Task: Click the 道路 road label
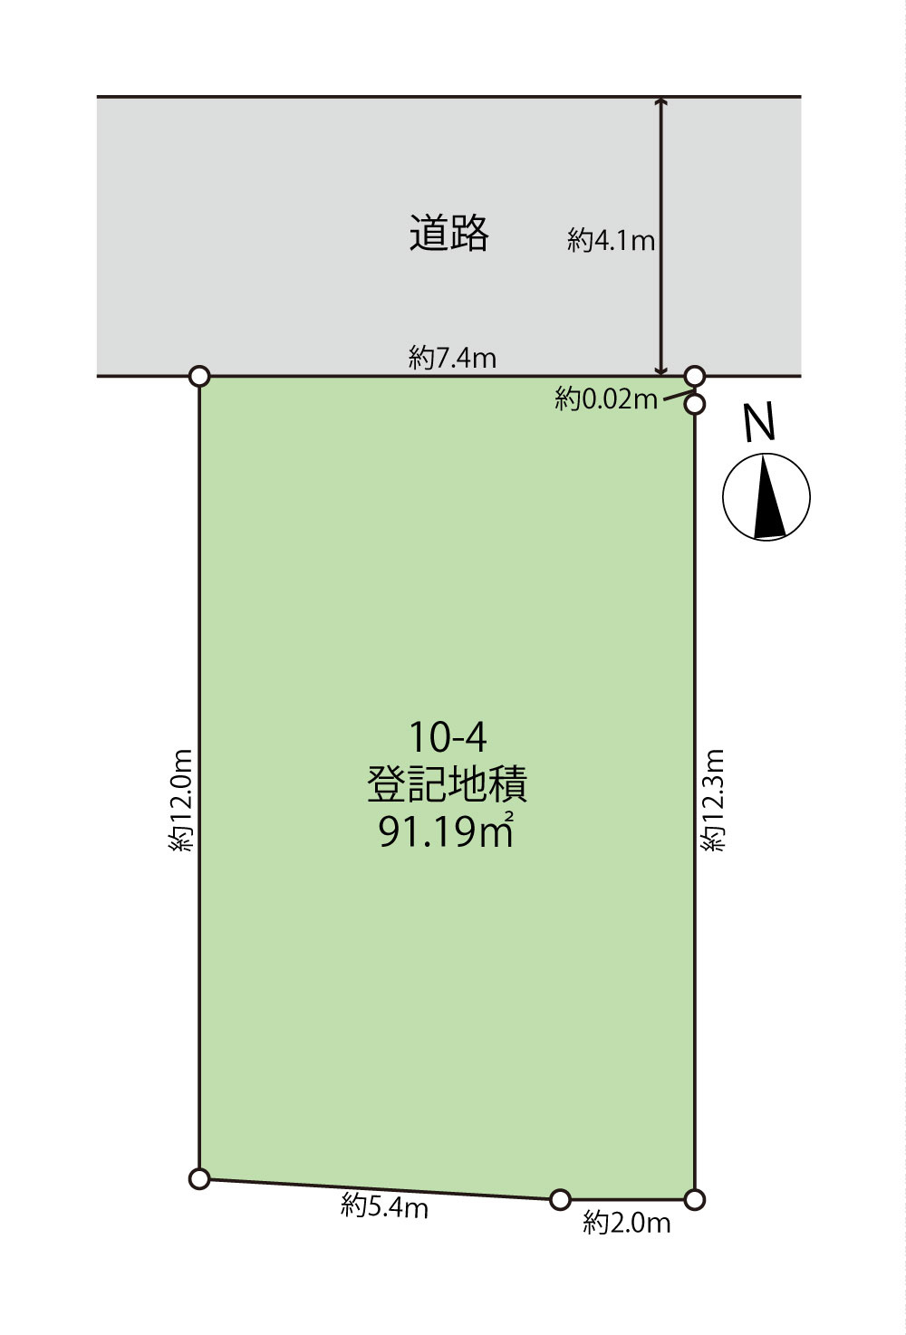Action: point(448,233)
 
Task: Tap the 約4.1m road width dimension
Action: point(611,240)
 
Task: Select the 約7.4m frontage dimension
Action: point(452,358)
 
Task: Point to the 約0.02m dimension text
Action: point(606,399)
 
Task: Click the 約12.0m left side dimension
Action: point(181,800)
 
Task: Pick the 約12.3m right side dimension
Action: point(714,800)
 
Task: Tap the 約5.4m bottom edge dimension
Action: point(384,1206)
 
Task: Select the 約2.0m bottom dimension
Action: point(626,1223)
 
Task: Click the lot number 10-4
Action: point(448,737)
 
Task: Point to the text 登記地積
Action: point(448,783)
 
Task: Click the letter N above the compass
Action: point(760,422)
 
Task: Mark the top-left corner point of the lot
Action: point(199,376)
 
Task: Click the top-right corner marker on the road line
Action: point(694,375)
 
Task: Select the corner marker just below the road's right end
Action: point(694,404)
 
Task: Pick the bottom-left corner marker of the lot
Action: point(199,1178)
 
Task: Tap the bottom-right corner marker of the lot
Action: point(694,1199)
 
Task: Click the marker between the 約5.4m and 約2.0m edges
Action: point(560,1199)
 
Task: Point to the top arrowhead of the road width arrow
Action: point(661,102)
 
